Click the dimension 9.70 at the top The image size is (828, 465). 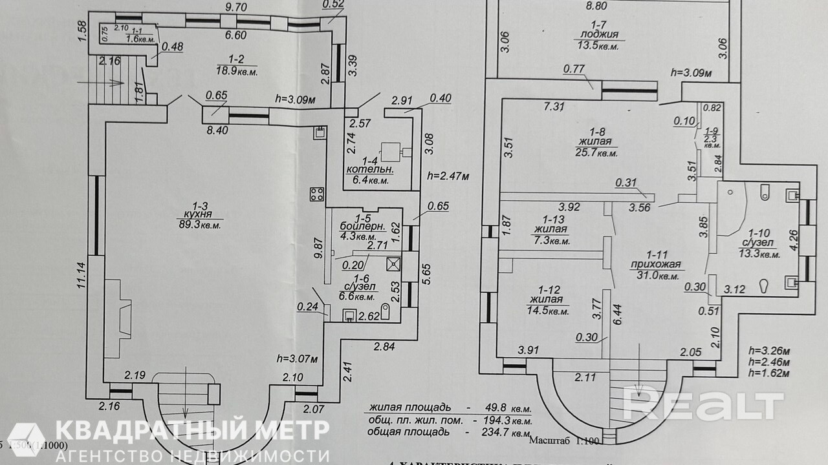point(236,7)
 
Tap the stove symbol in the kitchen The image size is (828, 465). point(317,194)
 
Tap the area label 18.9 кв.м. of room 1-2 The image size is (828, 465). point(236,72)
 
